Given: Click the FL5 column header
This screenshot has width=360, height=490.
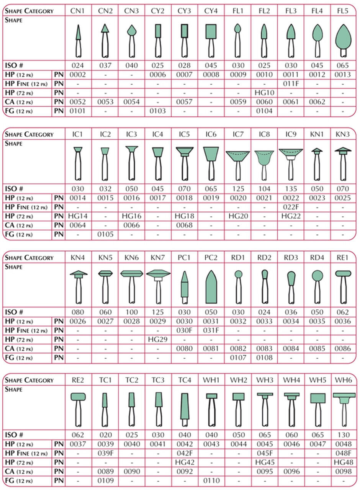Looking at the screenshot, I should (x=343, y=10).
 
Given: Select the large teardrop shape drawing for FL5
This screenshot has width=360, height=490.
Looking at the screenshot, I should (x=343, y=37).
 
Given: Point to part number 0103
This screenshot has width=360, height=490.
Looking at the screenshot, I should (x=158, y=111).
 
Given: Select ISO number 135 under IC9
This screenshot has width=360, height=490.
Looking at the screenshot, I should (x=291, y=189).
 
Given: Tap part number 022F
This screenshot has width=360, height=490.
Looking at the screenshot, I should (x=291, y=207).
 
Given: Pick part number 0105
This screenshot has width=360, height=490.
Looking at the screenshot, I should (x=105, y=235).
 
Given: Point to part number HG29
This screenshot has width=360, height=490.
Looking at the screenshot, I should (x=158, y=340).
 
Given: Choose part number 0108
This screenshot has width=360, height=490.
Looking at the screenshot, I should (x=265, y=358).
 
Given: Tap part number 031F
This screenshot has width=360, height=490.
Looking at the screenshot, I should (x=211, y=330).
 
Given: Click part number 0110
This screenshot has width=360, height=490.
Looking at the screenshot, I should (x=211, y=480).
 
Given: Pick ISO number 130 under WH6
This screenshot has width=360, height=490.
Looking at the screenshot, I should (x=344, y=435).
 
